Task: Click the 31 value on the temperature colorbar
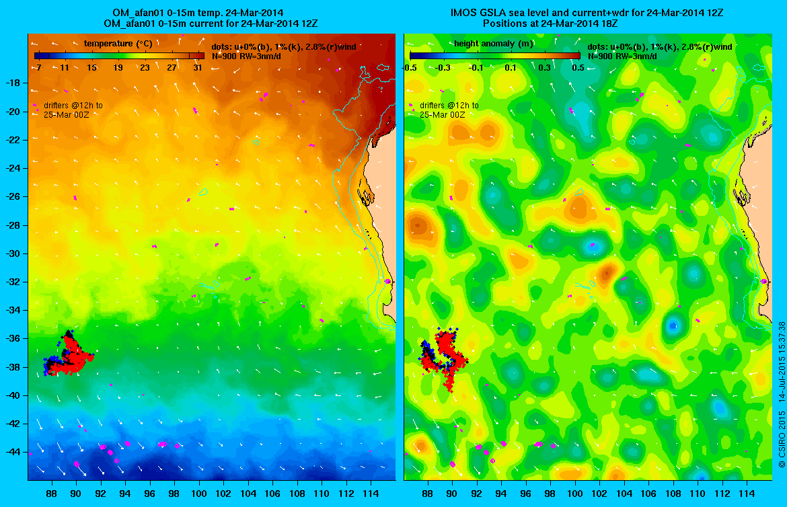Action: click(x=198, y=67)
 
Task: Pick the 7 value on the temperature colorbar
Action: click(x=39, y=67)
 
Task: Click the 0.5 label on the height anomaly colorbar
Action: click(x=577, y=67)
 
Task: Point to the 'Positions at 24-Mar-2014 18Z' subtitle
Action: click(x=550, y=24)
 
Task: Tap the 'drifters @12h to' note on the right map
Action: click(x=449, y=106)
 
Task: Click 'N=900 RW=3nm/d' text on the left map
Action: click(x=244, y=56)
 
